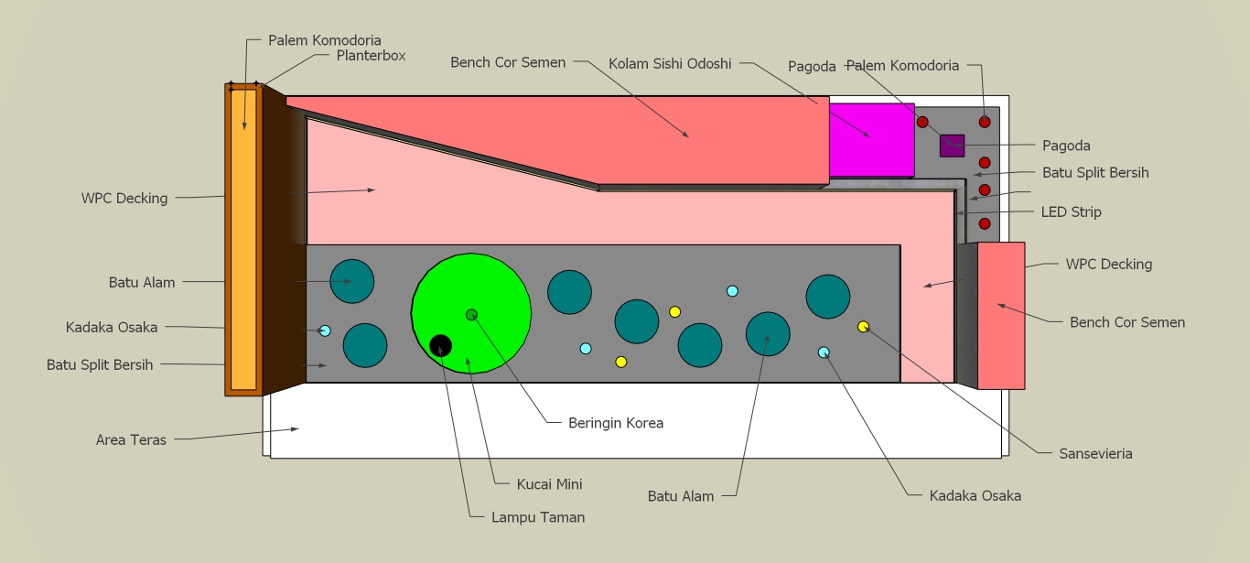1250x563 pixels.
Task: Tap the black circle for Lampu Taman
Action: pyautogui.click(x=440, y=345)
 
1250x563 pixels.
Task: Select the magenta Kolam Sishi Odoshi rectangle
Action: pyautogui.click(x=871, y=139)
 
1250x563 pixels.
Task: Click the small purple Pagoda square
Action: pyautogui.click(x=952, y=146)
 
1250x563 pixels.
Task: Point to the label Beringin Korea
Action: pyautogui.click(x=615, y=423)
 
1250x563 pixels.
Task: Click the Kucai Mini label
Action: pyautogui.click(x=549, y=484)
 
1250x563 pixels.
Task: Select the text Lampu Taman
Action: pyautogui.click(x=538, y=517)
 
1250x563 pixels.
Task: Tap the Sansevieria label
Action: pyautogui.click(x=1095, y=453)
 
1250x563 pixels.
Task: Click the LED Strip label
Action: pyautogui.click(x=1071, y=211)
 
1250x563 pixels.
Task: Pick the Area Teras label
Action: pyautogui.click(x=131, y=440)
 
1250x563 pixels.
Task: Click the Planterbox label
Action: pyautogui.click(x=371, y=55)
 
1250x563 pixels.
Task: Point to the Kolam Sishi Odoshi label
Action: pyautogui.click(x=670, y=64)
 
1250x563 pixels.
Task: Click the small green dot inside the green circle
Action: pyautogui.click(x=471, y=315)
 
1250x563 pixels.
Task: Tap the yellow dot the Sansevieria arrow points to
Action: pyautogui.click(x=863, y=327)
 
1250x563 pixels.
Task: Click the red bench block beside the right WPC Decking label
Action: pyautogui.click(x=1000, y=315)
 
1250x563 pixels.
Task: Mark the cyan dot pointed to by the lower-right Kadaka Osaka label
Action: pyautogui.click(x=824, y=352)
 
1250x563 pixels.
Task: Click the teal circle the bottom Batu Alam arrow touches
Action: pyautogui.click(x=768, y=334)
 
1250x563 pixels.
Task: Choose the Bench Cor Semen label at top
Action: pyautogui.click(x=508, y=62)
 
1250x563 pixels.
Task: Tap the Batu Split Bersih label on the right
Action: pyautogui.click(x=1095, y=172)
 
